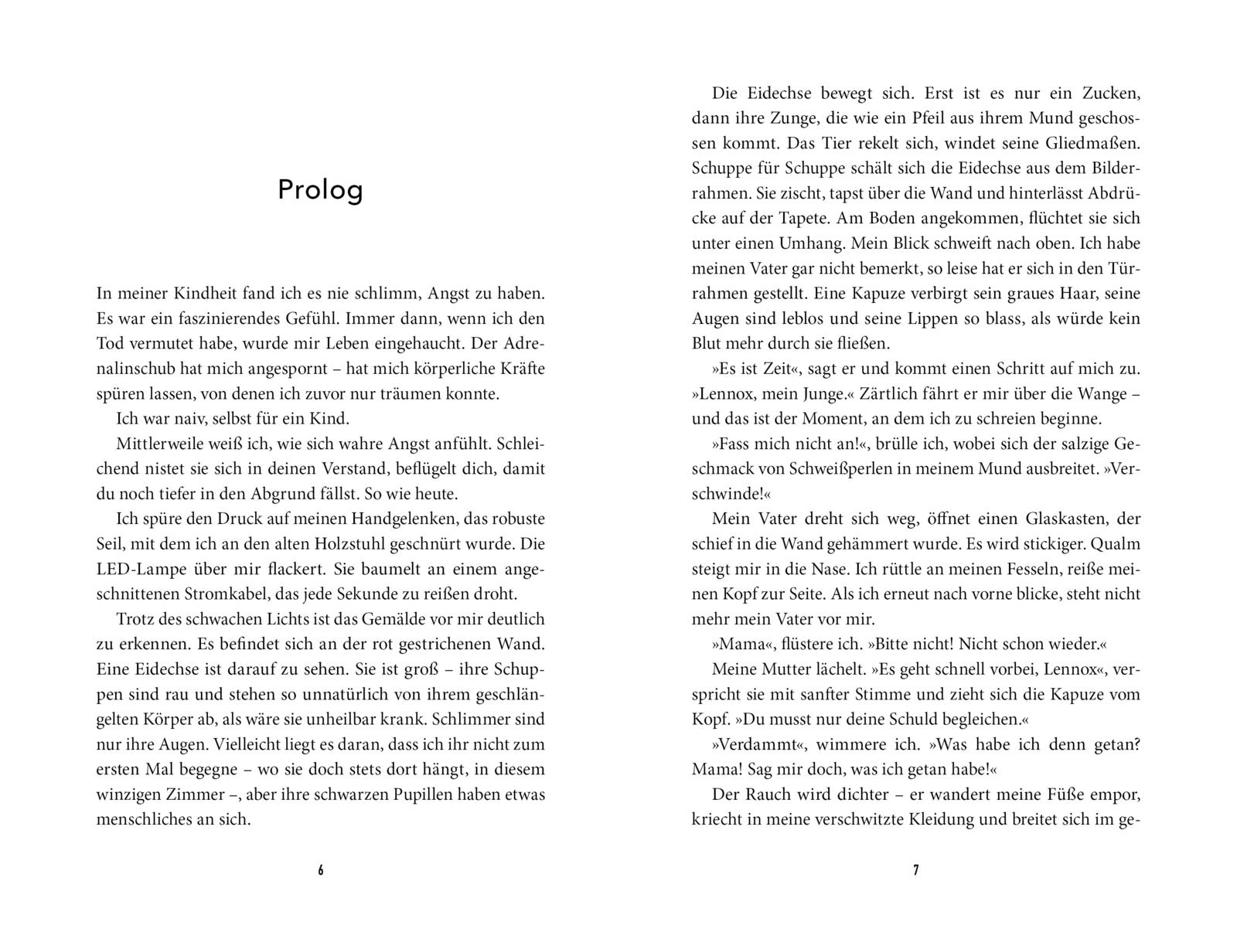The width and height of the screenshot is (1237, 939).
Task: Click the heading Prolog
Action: coord(320,190)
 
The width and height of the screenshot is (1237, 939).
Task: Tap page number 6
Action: coord(321,870)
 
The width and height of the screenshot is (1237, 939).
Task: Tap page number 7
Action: coord(916,870)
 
